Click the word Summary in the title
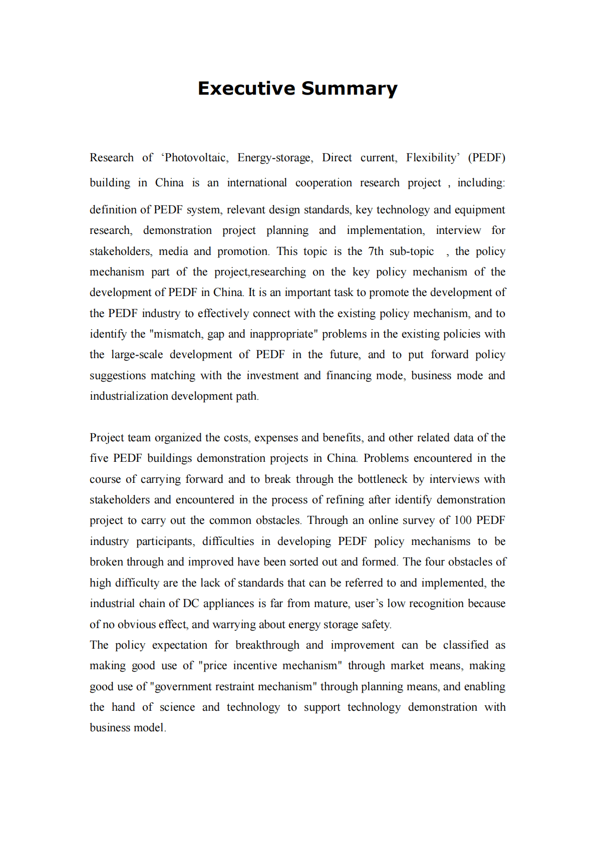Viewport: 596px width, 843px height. coord(349,89)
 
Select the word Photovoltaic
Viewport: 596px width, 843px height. coord(196,158)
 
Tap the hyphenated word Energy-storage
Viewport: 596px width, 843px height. coord(275,158)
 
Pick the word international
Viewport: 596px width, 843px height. coord(257,183)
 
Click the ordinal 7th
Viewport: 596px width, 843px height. coord(376,251)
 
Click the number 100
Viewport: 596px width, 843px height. coord(463,520)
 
